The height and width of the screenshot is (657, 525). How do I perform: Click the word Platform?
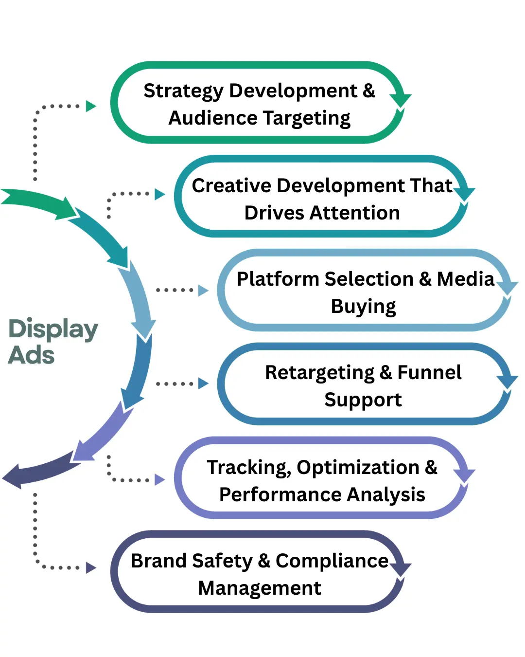278,279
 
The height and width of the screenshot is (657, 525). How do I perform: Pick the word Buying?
363,307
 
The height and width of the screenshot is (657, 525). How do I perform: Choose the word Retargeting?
319,373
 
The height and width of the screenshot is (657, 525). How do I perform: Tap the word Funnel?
429,373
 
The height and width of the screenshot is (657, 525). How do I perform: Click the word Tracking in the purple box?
248,468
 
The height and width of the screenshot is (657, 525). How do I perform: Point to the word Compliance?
332,561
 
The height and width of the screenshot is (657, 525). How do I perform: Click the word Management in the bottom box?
260,588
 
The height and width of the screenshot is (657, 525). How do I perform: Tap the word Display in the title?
53,330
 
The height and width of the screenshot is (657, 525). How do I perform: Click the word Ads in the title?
31,355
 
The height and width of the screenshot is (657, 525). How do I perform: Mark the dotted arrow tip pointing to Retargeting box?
203,383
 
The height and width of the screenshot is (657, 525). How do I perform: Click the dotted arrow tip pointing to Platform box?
203,291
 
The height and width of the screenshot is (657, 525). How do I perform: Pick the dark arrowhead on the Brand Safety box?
400,568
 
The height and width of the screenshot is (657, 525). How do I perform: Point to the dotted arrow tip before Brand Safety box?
91,568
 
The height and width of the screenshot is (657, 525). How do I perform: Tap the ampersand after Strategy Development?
369,91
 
